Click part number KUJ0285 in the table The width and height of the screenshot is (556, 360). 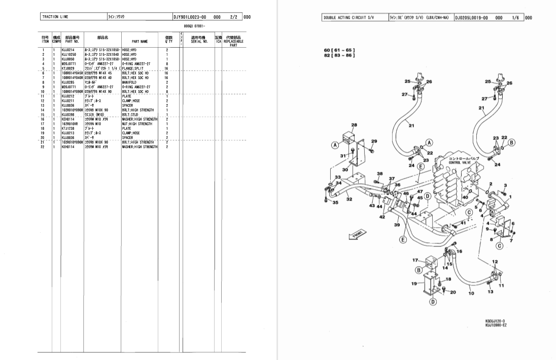click(68, 82)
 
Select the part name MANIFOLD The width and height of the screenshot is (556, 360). click(130, 82)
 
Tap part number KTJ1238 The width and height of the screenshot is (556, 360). click(68, 128)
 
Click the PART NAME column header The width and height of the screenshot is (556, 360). click(140, 41)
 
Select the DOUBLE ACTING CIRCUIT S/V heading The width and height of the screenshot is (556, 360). click(349, 18)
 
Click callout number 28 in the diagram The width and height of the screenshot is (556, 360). click(354, 125)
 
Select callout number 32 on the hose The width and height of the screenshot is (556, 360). click(349, 199)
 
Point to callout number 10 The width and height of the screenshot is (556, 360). click(470, 293)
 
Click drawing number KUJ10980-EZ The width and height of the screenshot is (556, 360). click(495, 326)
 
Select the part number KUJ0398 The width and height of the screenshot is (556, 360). click(68, 115)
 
